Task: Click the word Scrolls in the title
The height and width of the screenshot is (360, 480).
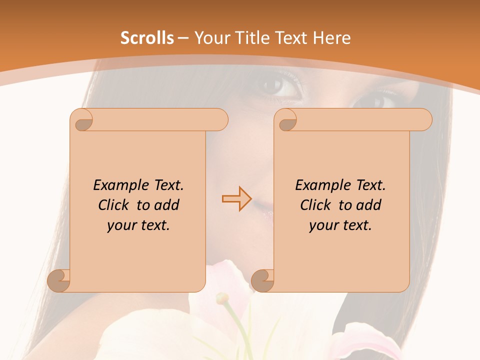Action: click(x=147, y=38)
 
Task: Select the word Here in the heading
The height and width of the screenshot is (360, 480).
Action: click(x=331, y=38)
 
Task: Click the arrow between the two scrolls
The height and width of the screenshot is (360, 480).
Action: click(x=236, y=199)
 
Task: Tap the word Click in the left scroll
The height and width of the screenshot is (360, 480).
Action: click(x=114, y=205)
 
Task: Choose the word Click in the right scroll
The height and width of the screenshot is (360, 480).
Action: click(x=316, y=205)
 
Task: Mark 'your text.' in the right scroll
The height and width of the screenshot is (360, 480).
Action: click(x=340, y=225)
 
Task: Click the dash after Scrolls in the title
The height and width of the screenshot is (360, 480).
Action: click(x=183, y=38)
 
